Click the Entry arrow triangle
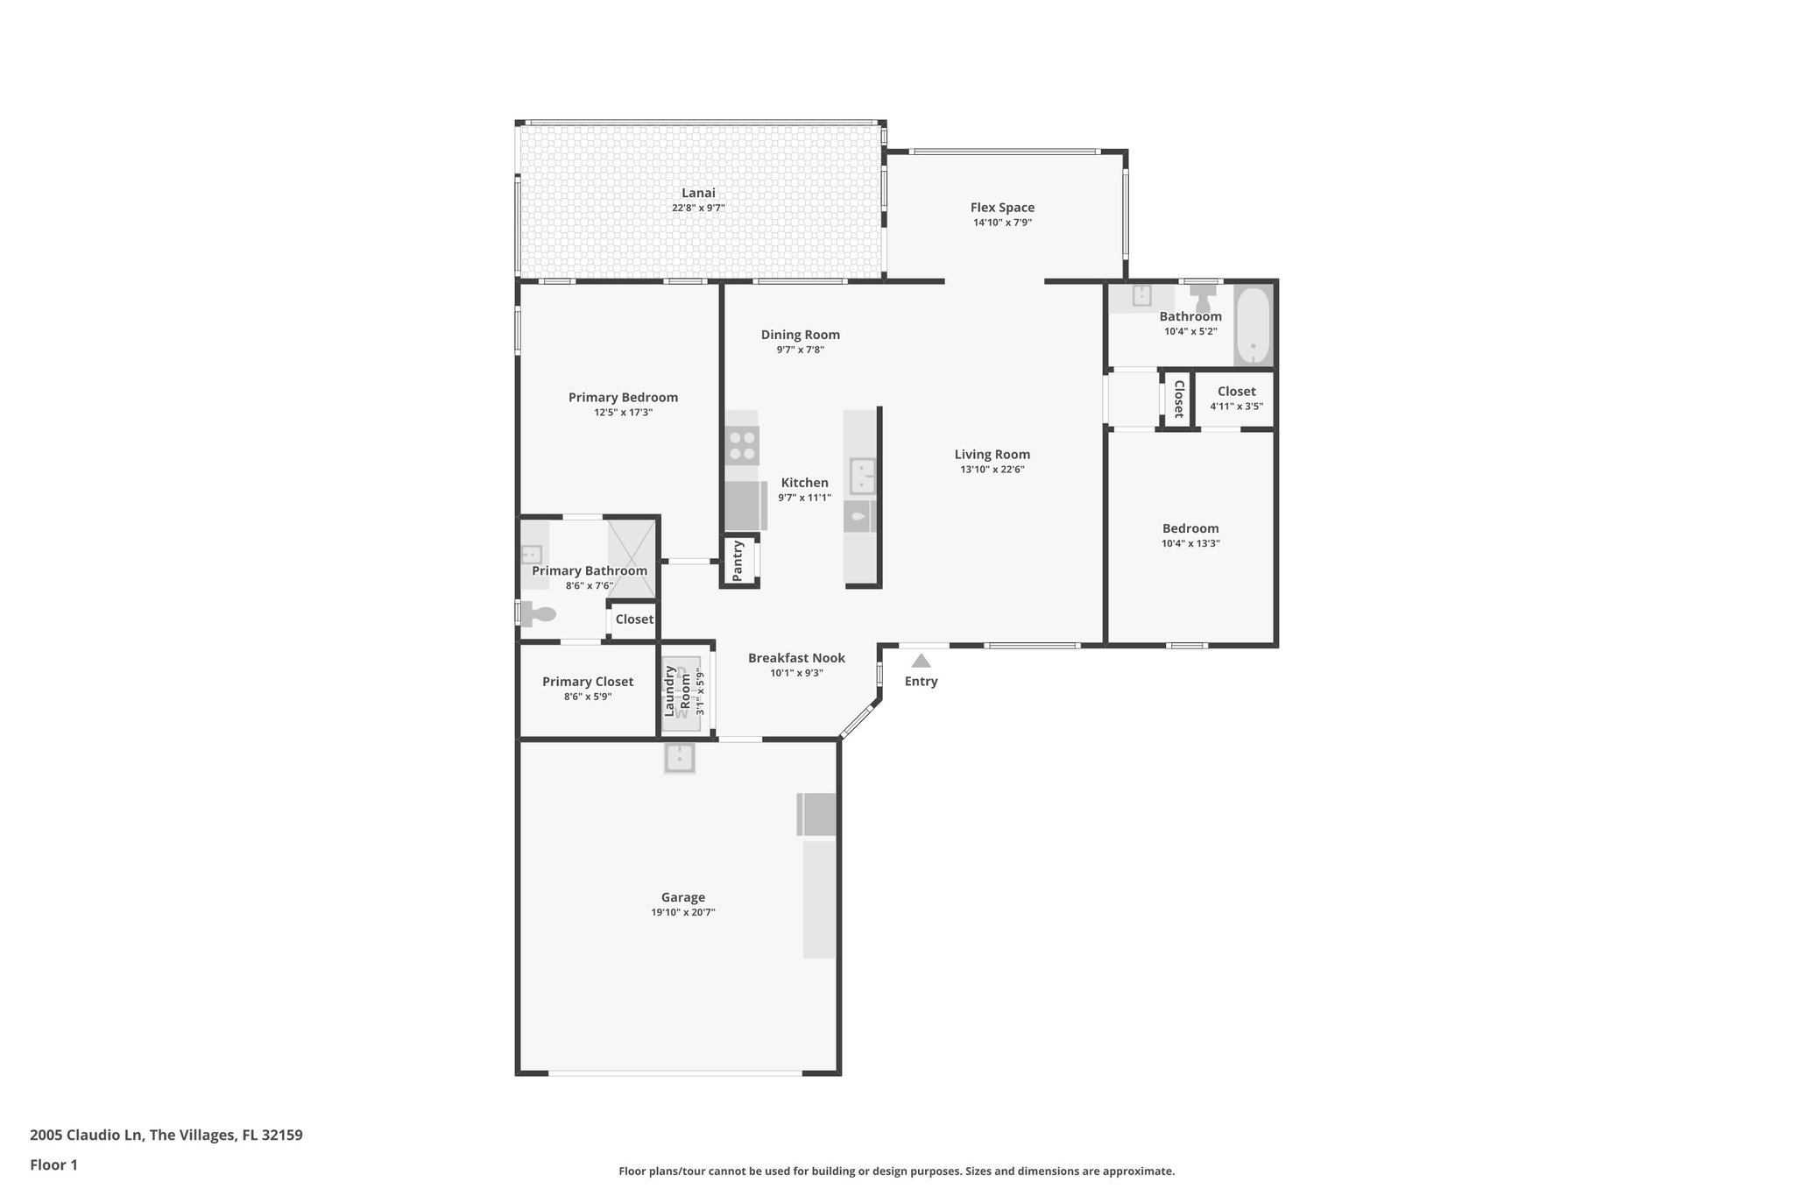[x=921, y=661]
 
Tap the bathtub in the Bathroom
[x=1254, y=325]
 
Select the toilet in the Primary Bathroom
[x=540, y=614]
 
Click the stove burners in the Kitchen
[x=742, y=445]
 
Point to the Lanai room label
[x=698, y=193]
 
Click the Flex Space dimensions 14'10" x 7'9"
[x=1002, y=223]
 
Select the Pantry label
[x=738, y=561]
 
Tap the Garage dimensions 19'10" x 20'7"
[x=682, y=912]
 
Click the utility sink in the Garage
[x=680, y=758]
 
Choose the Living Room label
[x=992, y=454]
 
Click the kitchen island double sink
[x=863, y=477]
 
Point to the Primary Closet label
[x=587, y=682]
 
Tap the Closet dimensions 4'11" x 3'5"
[x=1236, y=407]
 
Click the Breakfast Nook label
[x=796, y=658]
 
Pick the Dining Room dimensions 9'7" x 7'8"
[x=800, y=350]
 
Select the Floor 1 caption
[x=53, y=1164]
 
